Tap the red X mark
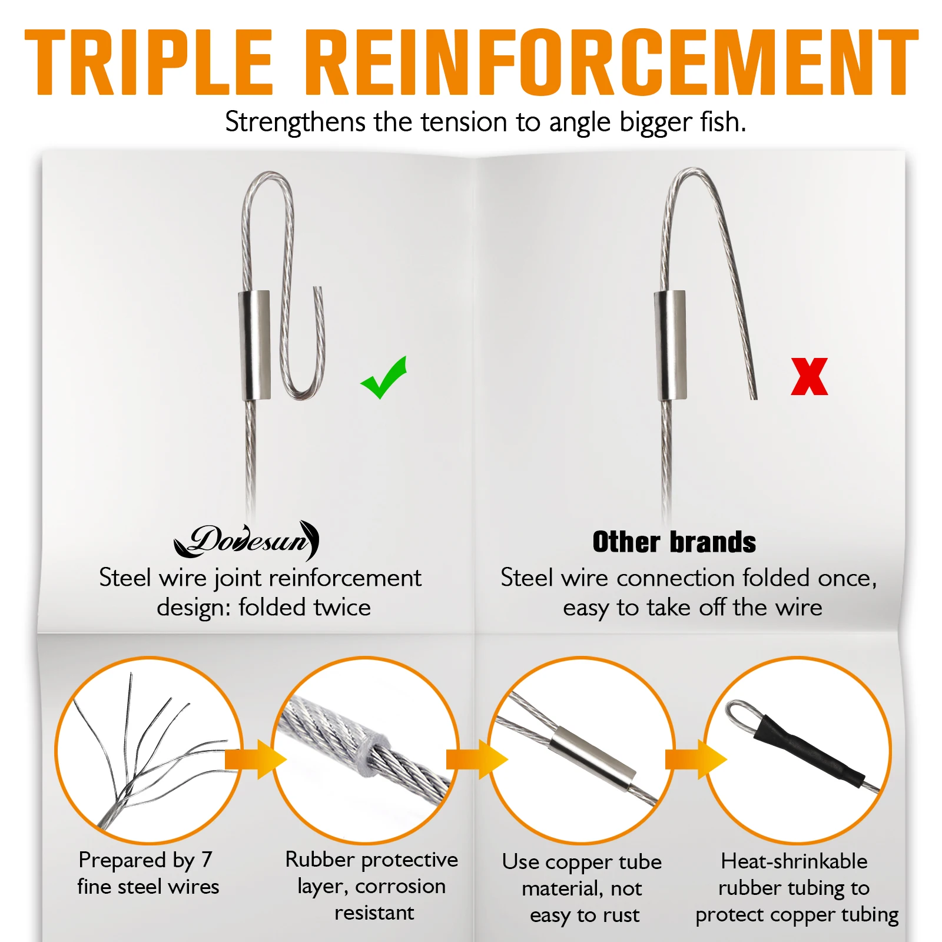click(810, 377)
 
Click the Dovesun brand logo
click(247, 540)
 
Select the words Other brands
click(674, 542)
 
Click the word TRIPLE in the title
click(149, 62)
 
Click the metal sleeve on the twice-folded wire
click(255, 345)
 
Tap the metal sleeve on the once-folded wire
click(671, 345)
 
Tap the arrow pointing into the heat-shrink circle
click(696, 759)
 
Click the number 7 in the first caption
click(206, 860)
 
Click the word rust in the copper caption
click(621, 916)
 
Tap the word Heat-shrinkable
click(794, 861)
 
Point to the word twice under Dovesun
click(339, 607)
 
